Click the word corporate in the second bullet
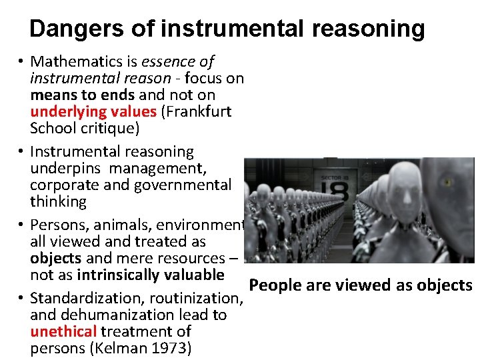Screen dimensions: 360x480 [61, 185]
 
